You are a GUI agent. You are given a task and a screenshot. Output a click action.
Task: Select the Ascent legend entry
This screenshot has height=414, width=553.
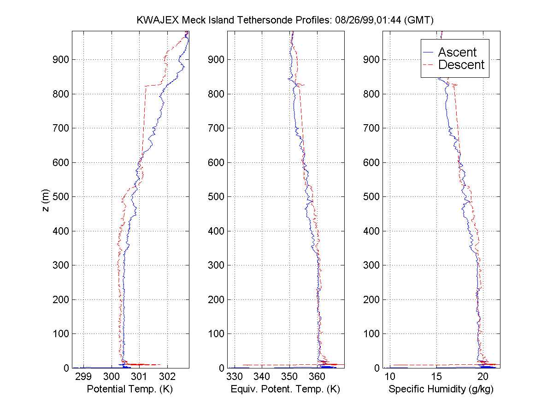(x=457, y=52)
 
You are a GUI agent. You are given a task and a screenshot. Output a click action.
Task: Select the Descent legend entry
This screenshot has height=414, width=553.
(x=461, y=65)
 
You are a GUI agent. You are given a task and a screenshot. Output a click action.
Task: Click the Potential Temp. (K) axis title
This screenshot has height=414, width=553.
(x=130, y=390)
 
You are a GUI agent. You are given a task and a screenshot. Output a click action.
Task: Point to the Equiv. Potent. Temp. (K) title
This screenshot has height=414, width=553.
(x=285, y=390)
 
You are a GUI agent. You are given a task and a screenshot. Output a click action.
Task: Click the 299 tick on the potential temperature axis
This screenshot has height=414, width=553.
(x=83, y=377)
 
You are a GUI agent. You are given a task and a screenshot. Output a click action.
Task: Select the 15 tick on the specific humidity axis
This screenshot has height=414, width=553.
(x=436, y=377)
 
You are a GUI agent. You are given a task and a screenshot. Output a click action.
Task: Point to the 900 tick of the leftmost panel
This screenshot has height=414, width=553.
(x=61, y=60)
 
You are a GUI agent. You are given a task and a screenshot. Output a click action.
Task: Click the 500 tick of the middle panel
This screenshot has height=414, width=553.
(x=217, y=197)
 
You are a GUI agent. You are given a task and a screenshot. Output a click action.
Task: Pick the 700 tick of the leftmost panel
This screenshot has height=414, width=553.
(x=61, y=128)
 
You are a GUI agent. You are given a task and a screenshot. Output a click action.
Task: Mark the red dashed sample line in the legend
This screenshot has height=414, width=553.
(x=429, y=65)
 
